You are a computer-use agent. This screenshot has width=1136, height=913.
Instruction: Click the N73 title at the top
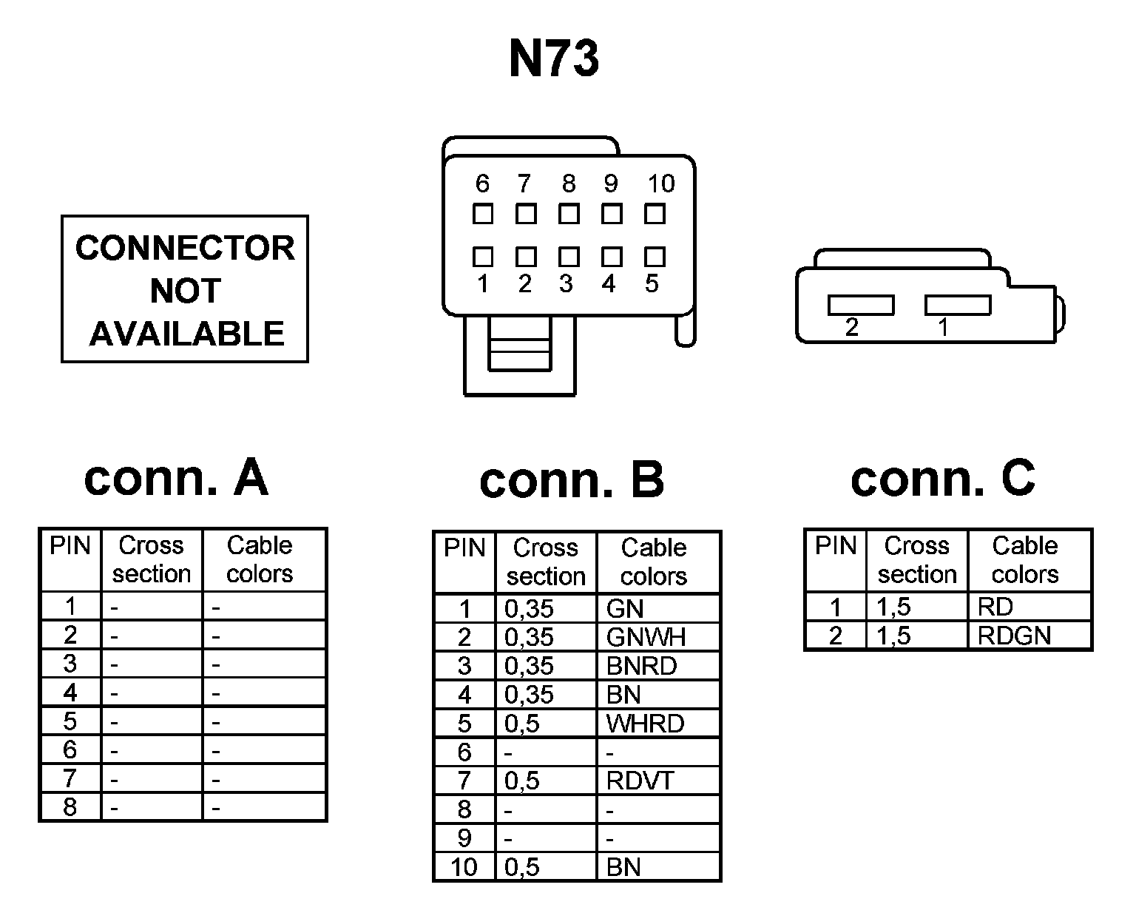pyautogui.click(x=554, y=58)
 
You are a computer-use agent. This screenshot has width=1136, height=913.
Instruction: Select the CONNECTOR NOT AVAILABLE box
pyautogui.click(x=184, y=289)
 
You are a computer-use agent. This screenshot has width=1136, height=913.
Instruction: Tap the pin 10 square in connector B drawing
pyautogui.click(x=655, y=214)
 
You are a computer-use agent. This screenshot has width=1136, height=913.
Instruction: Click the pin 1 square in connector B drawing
pyautogui.click(x=483, y=257)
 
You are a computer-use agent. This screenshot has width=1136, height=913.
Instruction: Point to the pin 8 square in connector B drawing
pyautogui.click(x=569, y=214)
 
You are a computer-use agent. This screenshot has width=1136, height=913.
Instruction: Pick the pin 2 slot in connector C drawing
pyautogui.click(x=861, y=305)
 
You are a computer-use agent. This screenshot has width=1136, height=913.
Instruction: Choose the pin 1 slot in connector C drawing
pyautogui.click(x=958, y=305)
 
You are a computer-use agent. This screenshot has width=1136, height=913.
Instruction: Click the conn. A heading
pyautogui.click(x=176, y=478)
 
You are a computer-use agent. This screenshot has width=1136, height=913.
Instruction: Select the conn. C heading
pyautogui.click(x=942, y=478)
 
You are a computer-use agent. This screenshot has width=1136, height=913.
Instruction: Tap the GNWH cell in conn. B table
pyautogui.click(x=646, y=637)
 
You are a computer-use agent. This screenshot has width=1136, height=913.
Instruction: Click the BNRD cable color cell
pyautogui.click(x=641, y=666)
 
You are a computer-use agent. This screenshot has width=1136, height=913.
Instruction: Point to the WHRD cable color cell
pyautogui.click(x=645, y=724)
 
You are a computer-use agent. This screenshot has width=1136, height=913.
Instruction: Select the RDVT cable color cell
pyautogui.click(x=640, y=781)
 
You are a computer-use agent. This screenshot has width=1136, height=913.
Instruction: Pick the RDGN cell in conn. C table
pyautogui.click(x=1014, y=636)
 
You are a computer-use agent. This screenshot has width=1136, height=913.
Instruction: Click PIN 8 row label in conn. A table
pyautogui.click(x=70, y=806)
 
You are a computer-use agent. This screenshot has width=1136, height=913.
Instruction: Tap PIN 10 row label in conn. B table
pyautogui.click(x=464, y=866)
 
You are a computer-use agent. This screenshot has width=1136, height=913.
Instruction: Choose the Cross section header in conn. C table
pyautogui.click(x=917, y=560)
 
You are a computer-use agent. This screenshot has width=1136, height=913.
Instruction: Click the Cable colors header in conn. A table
pyautogui.click(x=260, y=559)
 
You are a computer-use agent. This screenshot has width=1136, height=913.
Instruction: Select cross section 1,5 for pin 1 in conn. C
pyautogui.click(x=893, y=607)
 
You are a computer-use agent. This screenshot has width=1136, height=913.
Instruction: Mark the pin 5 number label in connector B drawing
pyautogui.click(x=652, y=283)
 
